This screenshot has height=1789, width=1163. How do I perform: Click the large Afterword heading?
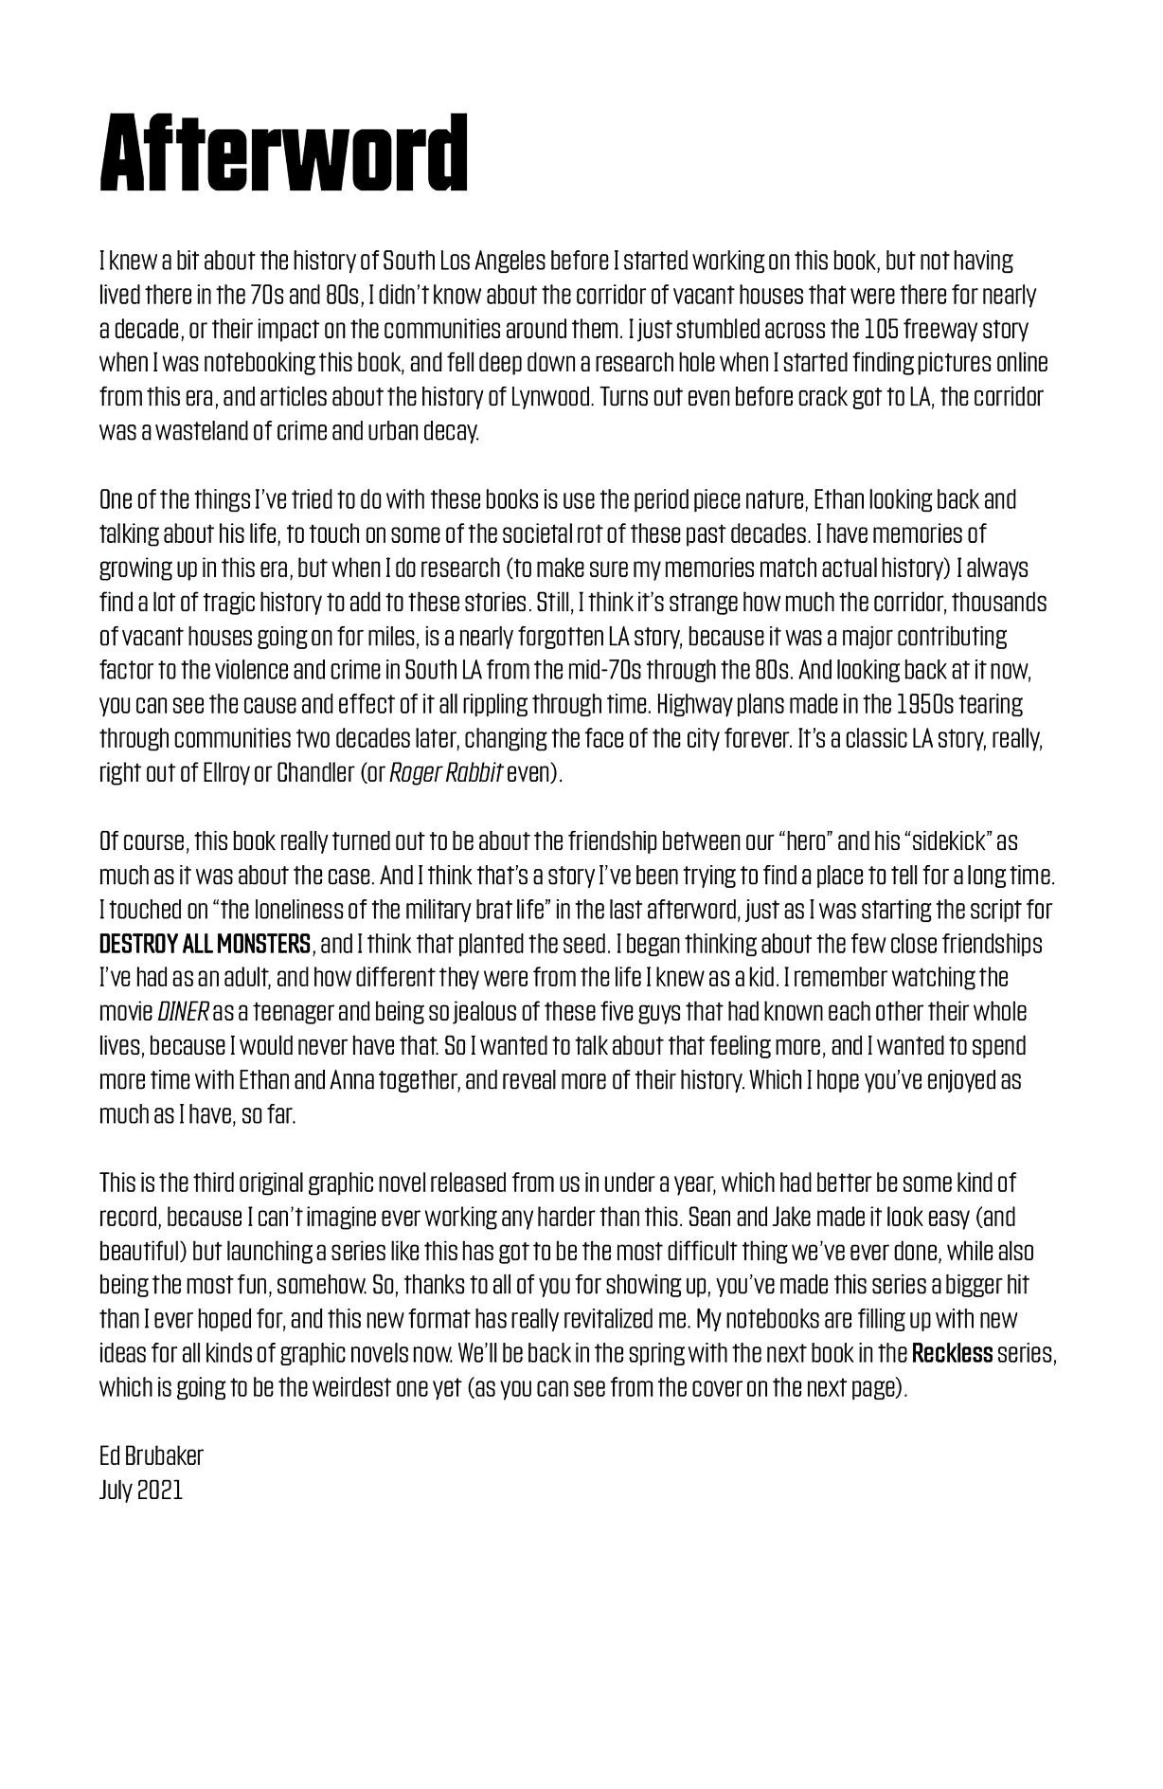click(x=284, y=154)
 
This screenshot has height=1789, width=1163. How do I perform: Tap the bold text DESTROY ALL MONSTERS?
click(x=205, y=945)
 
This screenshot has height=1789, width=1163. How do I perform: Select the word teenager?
click(x=282, y=1013)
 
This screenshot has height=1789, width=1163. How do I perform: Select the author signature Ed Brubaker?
click(x=152, y=1456)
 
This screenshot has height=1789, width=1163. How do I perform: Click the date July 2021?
click(x=141, y=1491)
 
